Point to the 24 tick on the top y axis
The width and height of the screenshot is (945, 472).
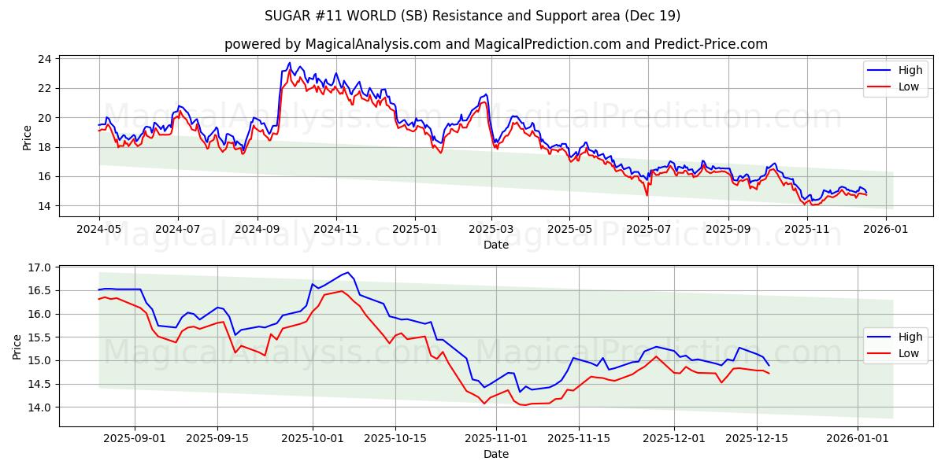pyautogui.click(x=44, y=59)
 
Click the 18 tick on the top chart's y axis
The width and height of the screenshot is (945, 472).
pyautogui.click(x=44, y=147)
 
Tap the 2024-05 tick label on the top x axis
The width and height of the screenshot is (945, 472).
pyautogui.click(x=98, y=229)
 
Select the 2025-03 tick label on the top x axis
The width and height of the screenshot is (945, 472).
pyautogui.click(x=491, y=229)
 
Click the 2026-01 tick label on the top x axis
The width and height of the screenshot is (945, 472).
pyautogui.click(x=886, y=229)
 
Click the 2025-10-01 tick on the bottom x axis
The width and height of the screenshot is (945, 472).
pyautogui.click(x=313, y=438)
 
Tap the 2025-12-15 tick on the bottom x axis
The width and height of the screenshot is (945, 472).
pyautogui.click(x=757, y=438)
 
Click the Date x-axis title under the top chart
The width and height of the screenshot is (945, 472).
pyautogui.click(x=496, y=245)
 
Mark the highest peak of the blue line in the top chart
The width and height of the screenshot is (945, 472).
pyautogui.click(x=289, y=63)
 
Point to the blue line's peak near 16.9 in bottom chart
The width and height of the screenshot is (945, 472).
pyautogui.click(x=347, y=272)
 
